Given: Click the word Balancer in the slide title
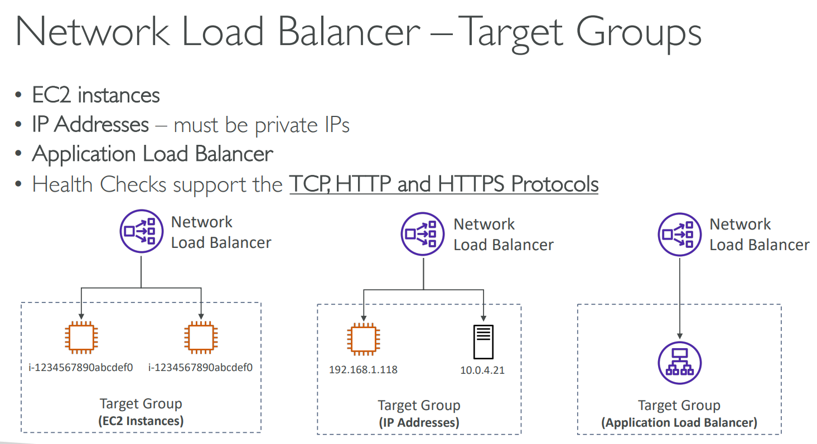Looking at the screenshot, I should point(349,32).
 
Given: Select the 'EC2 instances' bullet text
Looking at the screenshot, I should point(96,95).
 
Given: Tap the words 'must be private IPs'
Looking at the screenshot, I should point(262,124).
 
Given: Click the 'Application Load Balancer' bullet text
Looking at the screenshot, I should point(153,154).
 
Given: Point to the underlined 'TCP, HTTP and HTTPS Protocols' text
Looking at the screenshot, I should point(443,184).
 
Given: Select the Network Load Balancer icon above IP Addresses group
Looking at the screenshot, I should point(423,235).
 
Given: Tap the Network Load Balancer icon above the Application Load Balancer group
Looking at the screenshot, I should point(679,235).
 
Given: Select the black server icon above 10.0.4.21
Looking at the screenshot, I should point(483,341).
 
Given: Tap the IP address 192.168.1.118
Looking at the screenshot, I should point(363,369).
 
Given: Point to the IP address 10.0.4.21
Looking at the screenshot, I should point(482,369).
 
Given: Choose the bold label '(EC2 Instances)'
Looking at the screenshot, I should point(141,421).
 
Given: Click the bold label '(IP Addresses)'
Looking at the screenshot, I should point(419,423).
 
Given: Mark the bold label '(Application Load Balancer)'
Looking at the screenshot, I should point(679,423).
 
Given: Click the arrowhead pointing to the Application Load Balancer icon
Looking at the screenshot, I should point(679,336).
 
